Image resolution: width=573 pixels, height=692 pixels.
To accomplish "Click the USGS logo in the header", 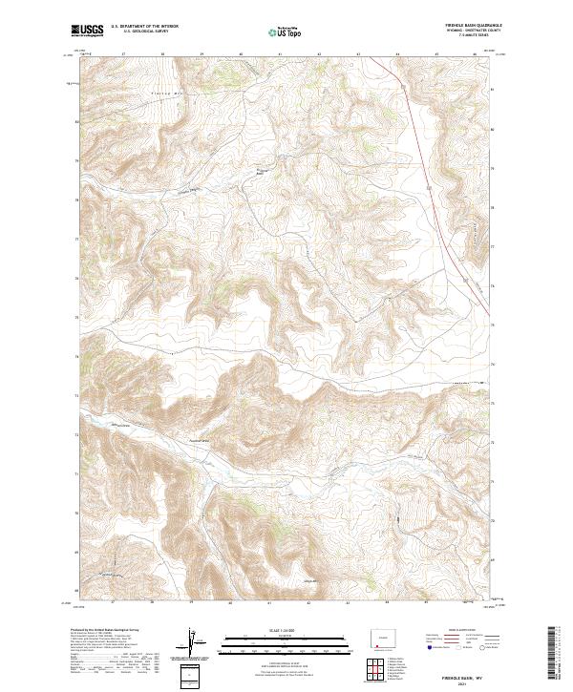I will point(87,31).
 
